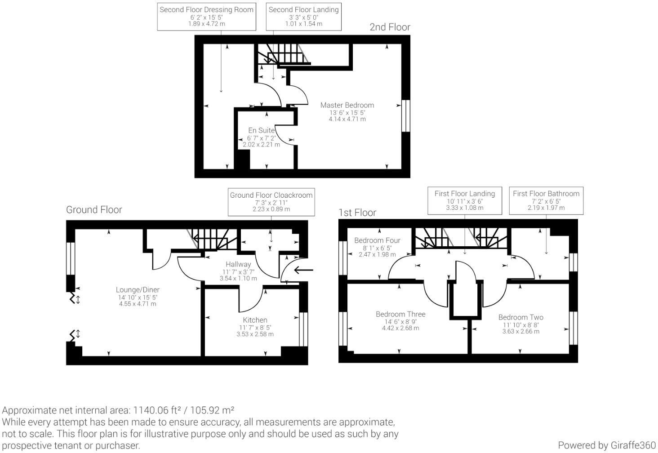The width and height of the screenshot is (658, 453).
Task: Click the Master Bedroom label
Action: [x=347, y=105]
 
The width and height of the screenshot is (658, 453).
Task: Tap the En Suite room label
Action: [x=261, y=130]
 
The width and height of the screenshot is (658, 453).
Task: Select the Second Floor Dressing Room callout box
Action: [x=206, y=16]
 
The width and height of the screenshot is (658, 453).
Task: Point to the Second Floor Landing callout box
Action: [x=303, y=16]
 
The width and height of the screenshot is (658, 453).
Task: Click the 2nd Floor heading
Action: [x=390, y=27]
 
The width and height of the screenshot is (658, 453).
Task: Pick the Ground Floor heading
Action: [x=94, y=209]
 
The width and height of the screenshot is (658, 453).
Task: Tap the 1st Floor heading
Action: [x=357, y=213]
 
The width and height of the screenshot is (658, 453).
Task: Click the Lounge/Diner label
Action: [x=138, y=290]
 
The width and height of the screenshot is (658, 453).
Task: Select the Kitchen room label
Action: [x=255, y=320]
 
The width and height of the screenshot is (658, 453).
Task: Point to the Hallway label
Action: [x=238, y=264]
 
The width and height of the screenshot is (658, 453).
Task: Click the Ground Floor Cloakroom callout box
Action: [x=271, y=202]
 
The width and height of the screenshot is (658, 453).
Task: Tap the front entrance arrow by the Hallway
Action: [x=303, y=270]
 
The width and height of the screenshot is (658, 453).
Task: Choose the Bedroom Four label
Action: [x=377, y=240]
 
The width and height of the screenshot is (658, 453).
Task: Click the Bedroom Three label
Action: [x=400, y=314]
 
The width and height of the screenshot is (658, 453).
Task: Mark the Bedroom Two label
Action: [x=521, y=317]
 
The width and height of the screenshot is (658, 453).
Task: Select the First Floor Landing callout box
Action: [x=464, y=200]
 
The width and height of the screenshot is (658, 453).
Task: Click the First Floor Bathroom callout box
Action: [x=546, y=200]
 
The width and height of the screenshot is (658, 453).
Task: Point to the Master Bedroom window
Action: [x=406, y=115]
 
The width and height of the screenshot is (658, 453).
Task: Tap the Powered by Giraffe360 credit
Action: [x=607, y=445]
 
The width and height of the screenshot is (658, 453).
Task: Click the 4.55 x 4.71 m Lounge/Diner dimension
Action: [x=138, y=304]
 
